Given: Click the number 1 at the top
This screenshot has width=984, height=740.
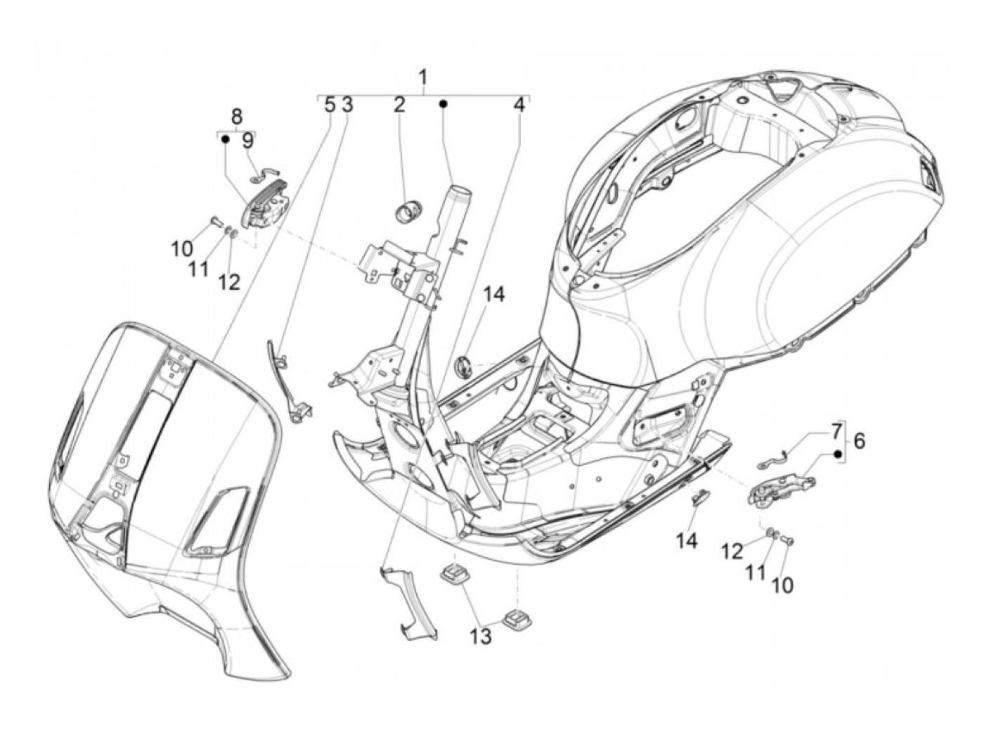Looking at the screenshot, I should coord(422,76).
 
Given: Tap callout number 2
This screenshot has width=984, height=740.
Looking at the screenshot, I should coord(399,106).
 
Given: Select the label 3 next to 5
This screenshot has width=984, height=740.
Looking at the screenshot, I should coord(347,106).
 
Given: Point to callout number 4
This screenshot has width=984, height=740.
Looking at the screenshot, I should coord(519,106).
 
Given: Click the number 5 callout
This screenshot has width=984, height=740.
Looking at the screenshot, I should coord(329,106).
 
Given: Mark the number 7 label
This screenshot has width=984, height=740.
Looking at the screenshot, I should coord(836,430).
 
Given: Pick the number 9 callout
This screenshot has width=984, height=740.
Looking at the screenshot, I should coord(247,141).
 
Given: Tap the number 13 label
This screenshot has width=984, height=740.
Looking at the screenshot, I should coord(481,637).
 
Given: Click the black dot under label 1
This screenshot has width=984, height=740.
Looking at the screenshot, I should coord(444,104).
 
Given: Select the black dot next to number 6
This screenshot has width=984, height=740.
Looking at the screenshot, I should coord(838,454).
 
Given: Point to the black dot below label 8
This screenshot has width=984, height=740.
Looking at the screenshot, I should coord(224,139).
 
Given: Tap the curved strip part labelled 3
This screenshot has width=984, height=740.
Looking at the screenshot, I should coord(286,380).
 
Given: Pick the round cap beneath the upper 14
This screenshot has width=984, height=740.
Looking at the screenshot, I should coord(464,365).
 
